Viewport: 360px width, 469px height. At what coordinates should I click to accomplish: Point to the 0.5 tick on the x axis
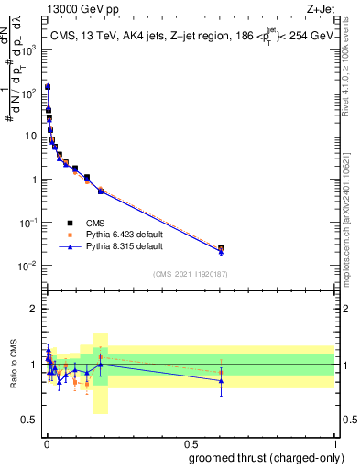click(191, 444)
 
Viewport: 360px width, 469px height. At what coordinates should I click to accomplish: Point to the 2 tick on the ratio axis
click(35, 309)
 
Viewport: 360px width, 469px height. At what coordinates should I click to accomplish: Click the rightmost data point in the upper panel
click(220, 248)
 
